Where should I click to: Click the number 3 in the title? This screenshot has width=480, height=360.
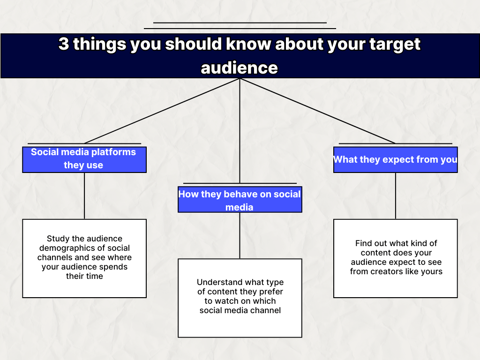pos(64,44)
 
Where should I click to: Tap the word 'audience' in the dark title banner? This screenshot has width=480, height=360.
pos(240,67)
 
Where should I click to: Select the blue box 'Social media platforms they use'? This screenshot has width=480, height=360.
pos(84,159)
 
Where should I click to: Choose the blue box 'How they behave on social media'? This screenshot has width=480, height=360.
pos(240,199)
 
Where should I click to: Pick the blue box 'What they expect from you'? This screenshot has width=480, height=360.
pos(396,159)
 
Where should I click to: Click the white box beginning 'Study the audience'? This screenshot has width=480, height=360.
pos(84,258)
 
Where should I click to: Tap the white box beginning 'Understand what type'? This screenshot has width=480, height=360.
pos(240,298)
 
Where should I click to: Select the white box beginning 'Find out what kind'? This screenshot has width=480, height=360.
pos(396,258)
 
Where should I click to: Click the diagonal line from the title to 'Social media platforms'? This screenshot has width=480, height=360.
pos(162,111)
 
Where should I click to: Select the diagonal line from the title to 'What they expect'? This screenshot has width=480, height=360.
pos(317,111)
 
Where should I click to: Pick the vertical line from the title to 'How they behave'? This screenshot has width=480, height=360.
pos(240,131)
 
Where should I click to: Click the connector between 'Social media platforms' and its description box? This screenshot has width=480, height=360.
pos(84,196)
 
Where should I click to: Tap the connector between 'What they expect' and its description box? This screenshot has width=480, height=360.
pos(396,196)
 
